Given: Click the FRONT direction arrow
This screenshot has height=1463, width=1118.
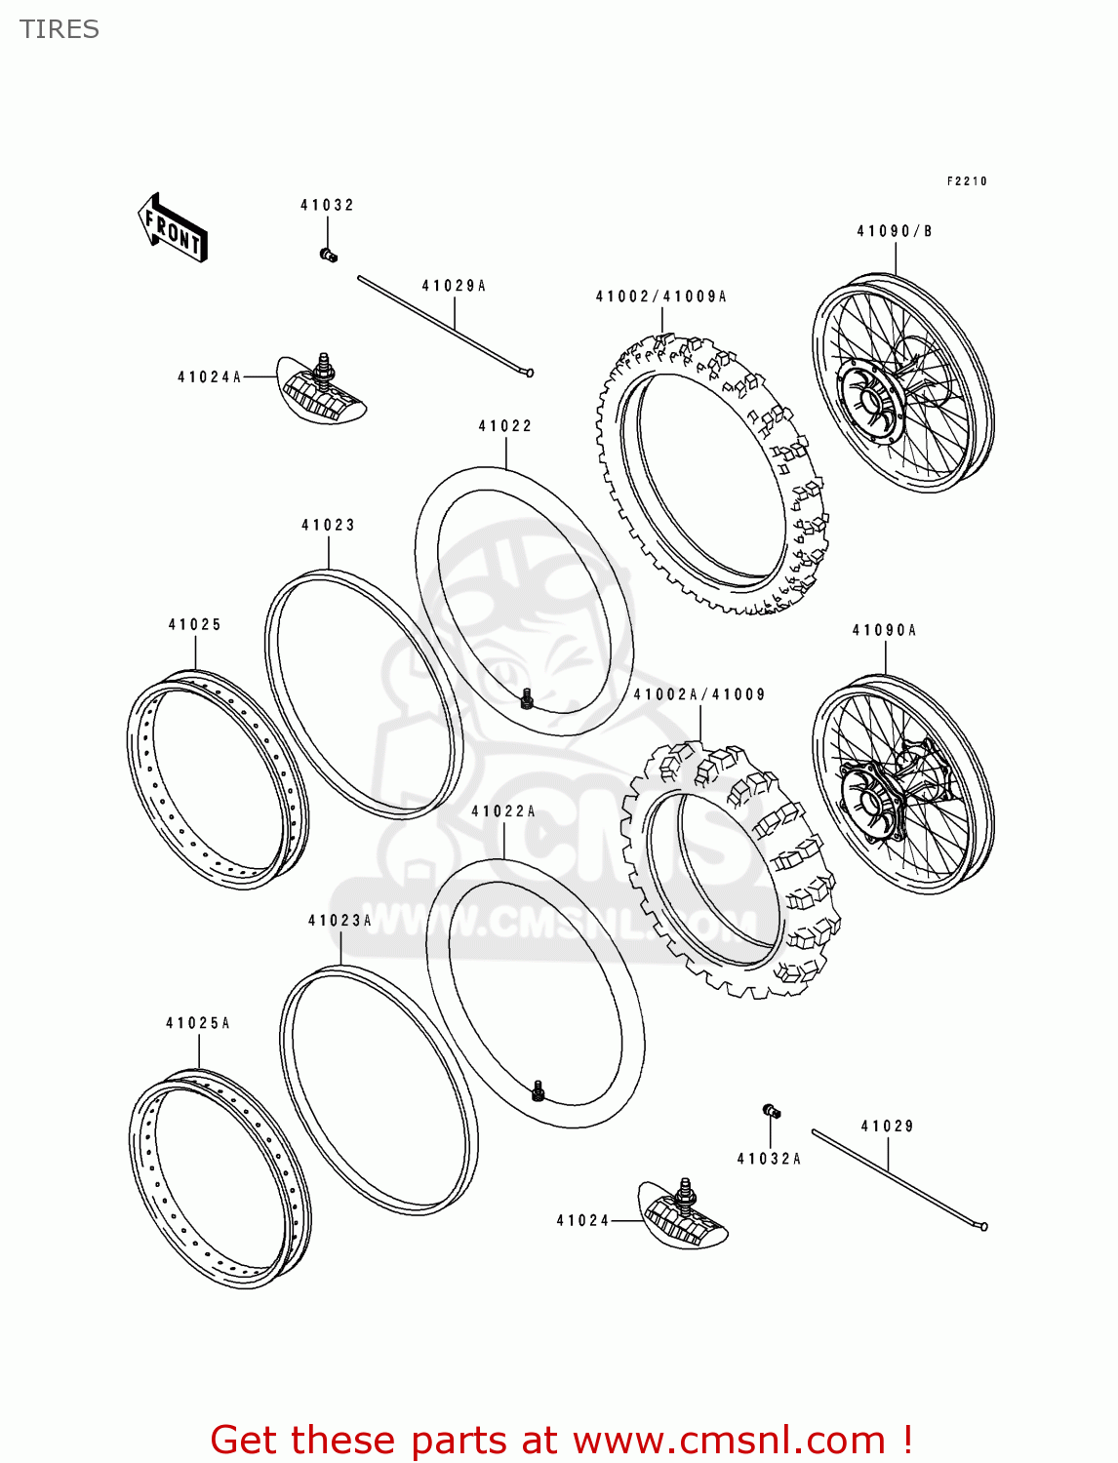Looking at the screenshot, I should point(173,228).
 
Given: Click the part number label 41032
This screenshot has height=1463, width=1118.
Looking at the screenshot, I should point(327,205).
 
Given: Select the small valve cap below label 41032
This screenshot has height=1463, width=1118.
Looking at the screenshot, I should point(328,256).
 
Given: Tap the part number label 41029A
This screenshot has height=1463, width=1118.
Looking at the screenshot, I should point(454,286).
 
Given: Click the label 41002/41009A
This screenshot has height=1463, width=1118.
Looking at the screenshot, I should point(661,297).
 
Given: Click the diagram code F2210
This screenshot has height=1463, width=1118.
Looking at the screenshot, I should point(967,181).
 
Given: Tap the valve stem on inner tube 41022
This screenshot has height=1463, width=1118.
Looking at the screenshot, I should point(527,698).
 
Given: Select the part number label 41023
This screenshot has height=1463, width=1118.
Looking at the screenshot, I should point(328,525).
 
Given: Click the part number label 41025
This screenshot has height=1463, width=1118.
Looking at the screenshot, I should point(195,624).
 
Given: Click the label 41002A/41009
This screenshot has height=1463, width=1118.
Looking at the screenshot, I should point(699,694).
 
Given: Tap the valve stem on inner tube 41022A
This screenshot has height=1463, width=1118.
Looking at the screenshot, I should point(538,1090).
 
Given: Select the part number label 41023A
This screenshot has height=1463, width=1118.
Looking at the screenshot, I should point(340,921).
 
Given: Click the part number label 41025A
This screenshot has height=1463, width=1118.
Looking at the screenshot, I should point(198,1023).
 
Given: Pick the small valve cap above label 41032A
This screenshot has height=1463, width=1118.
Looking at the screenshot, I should point(771,1111).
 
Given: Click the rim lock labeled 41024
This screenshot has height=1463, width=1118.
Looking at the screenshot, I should point(684,1214).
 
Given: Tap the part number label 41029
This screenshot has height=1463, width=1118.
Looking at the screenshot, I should point(887,1126).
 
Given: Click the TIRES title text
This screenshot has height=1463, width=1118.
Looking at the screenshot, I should point(60,29).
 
